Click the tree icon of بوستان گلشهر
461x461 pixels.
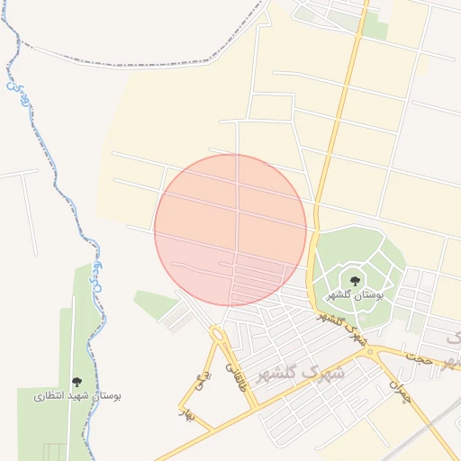tap(355, 280)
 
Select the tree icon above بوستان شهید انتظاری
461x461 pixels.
tap(77, 381)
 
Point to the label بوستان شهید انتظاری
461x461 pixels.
tap(77, 395)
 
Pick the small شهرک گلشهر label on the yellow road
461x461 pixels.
tap(343, 329)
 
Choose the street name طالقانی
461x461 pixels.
tap(238, 375)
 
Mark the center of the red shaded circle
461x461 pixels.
tap(230, 230)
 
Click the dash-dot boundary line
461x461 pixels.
tap(135, 65)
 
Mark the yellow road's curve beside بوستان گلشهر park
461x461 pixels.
tap(311, 261)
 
